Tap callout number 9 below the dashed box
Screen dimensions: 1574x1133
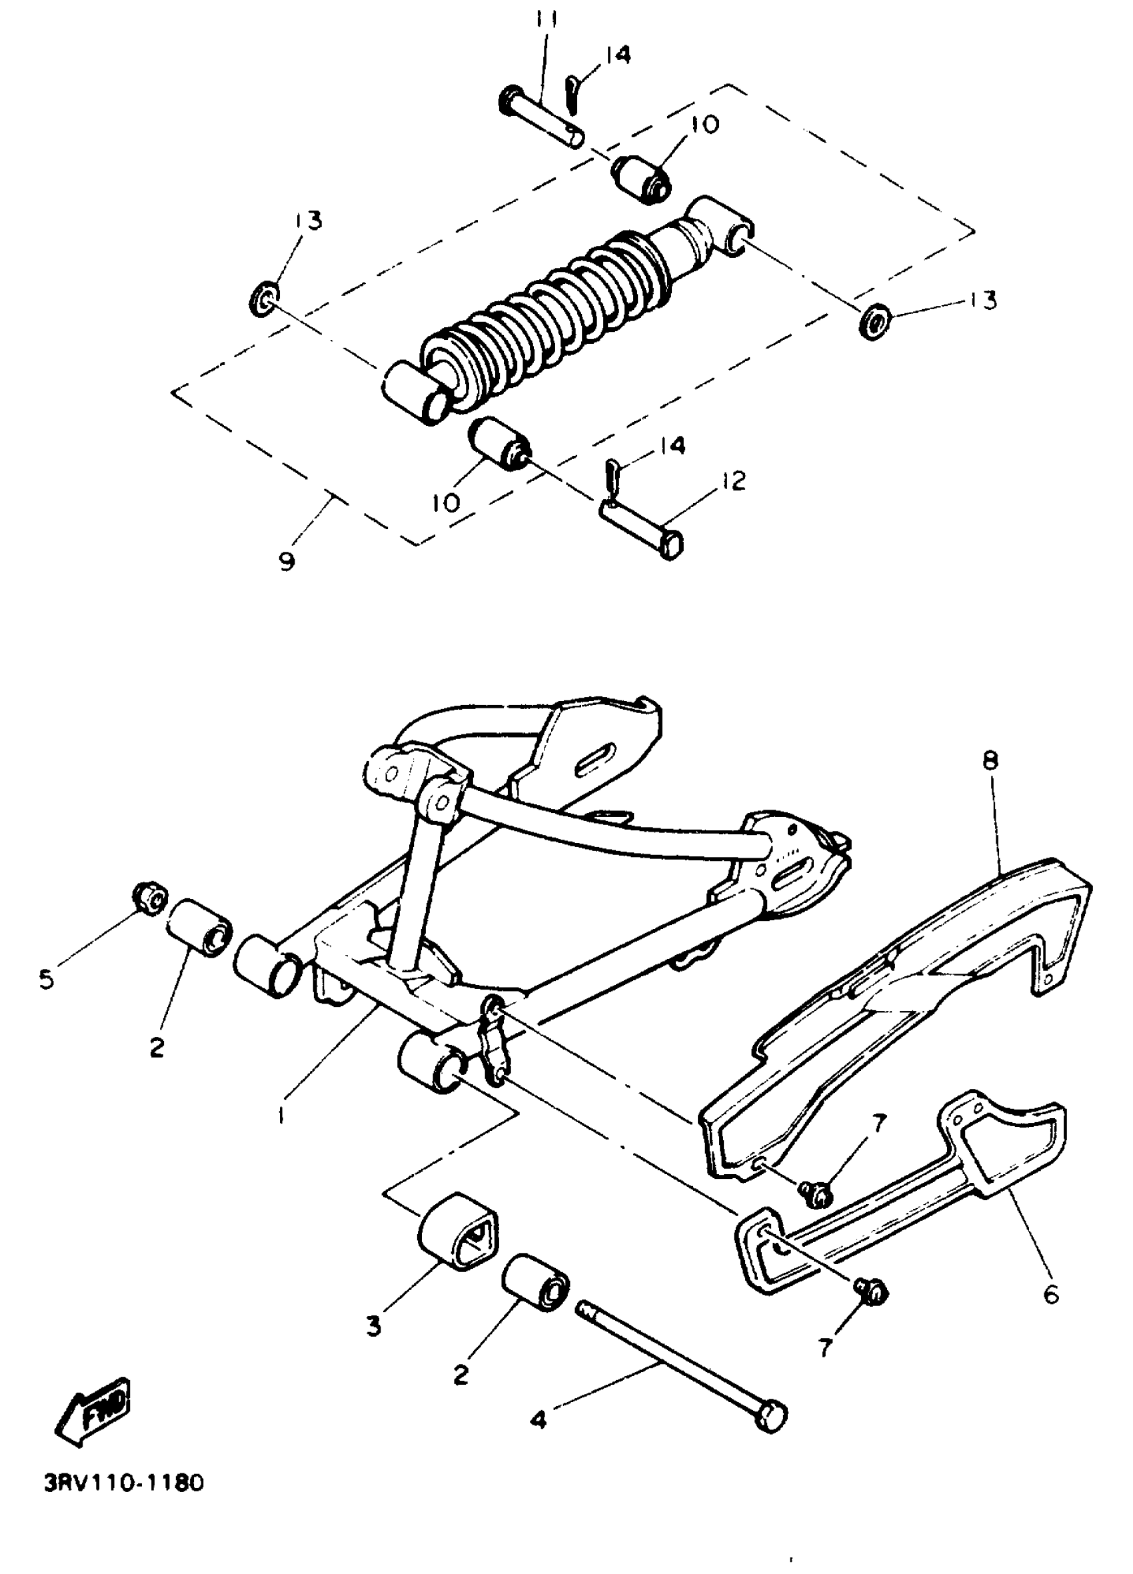(x=287, y=560)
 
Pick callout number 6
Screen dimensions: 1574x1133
(x=1051, y=1293)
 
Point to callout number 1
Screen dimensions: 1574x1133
(x=281, y=1116)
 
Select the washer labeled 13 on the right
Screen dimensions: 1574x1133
(x=874, y=321)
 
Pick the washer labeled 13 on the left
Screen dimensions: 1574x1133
(x=263, y=300)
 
